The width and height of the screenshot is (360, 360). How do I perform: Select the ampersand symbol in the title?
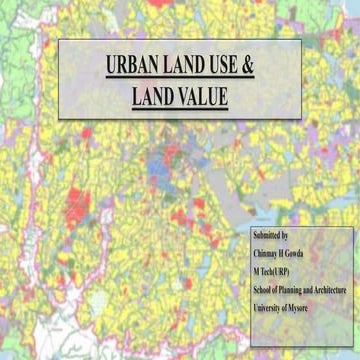250,67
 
